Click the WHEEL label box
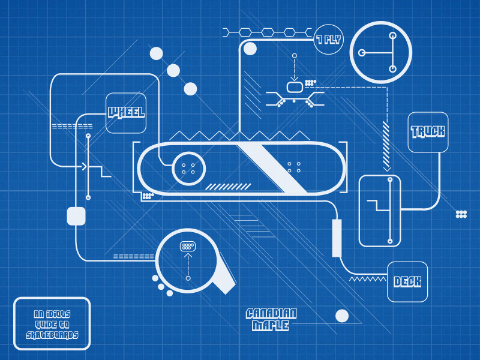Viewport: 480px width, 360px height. tap(126, 113)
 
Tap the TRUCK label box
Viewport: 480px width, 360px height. tap(428, 132)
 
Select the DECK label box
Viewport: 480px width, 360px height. tap(407, 282)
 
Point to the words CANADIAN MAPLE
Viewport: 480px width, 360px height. tap(271, 319)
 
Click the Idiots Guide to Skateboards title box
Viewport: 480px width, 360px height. tap(52, 323)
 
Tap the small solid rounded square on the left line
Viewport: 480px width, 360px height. tap(76, 215)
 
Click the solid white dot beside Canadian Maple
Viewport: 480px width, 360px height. tap(342, 316)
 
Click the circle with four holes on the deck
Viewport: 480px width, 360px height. tap(188, 168)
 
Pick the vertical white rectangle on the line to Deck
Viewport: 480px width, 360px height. tap(337, 238)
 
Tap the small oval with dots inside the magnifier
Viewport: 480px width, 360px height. tap(188, 246)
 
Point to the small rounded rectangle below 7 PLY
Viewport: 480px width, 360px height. tap(294, 88)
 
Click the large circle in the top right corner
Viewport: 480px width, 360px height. tap(380, 52)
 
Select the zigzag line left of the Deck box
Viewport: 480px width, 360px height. tap(367, 278)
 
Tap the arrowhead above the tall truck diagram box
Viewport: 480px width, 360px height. tap(387, 169)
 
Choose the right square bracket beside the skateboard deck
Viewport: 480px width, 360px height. tap(344, 167)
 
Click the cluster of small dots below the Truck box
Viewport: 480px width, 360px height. tap(461, 214)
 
